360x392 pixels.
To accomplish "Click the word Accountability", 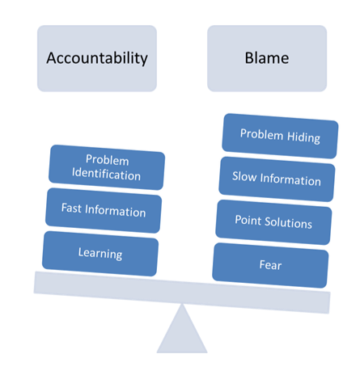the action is pyautogui.click(x=97, y=58).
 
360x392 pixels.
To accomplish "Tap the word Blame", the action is pyautogui.click(x=267, y=58).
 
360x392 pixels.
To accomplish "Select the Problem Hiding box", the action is pyautogui.click(x=280, y=136).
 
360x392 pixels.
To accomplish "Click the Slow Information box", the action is pyautogui.click(x=277, y=179).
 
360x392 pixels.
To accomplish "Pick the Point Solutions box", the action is pyautogui.click(x=273, y=222).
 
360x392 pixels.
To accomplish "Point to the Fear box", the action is pyautogui.click(x=270, y=265).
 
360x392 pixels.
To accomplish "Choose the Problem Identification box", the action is pyautogui.click(x=107, y=167).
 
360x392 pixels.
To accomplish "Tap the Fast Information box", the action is pyautogui.click(x=104, y=210).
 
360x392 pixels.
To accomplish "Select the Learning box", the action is pyautogui.click(x=100, y=254).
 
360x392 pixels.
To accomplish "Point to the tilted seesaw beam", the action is pyautogui.click(x=182, y=293).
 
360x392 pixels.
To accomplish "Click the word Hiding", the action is pyautogui.click(x=303, y=137).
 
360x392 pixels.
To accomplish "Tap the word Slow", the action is pyautogui.click(x=244, y=176).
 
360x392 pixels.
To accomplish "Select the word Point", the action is pyautogui.click(x=248, y=220).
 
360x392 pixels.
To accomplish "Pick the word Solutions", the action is pyautogui.click(x=288, y=223).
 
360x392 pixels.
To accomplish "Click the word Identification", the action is pyautogui.click(x=106, y=175).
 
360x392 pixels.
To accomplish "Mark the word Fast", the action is pyautogui.click(x=71, y=208).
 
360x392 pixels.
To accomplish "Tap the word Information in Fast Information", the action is pyautogui.click(x=116, y=211).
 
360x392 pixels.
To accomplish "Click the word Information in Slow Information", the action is pyautogui.click(x=290, y=179).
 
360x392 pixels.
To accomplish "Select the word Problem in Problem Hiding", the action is pyautogui.click(x=261, y=134).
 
